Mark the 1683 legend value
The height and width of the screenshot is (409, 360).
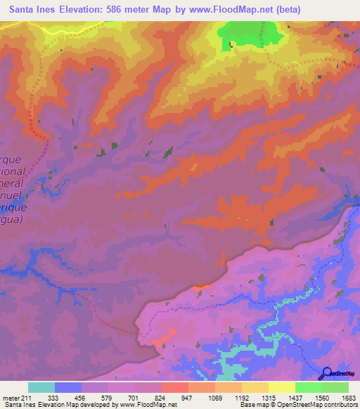tap(348, 397)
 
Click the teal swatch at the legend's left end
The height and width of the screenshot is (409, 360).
tap(41, 387)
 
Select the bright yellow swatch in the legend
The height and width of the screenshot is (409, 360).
tap(281, 387)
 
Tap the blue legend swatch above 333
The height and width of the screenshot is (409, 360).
tap(68, 387)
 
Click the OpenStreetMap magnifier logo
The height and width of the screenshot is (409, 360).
tap(326, 373)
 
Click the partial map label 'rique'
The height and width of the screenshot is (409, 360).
tap(13, 209)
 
